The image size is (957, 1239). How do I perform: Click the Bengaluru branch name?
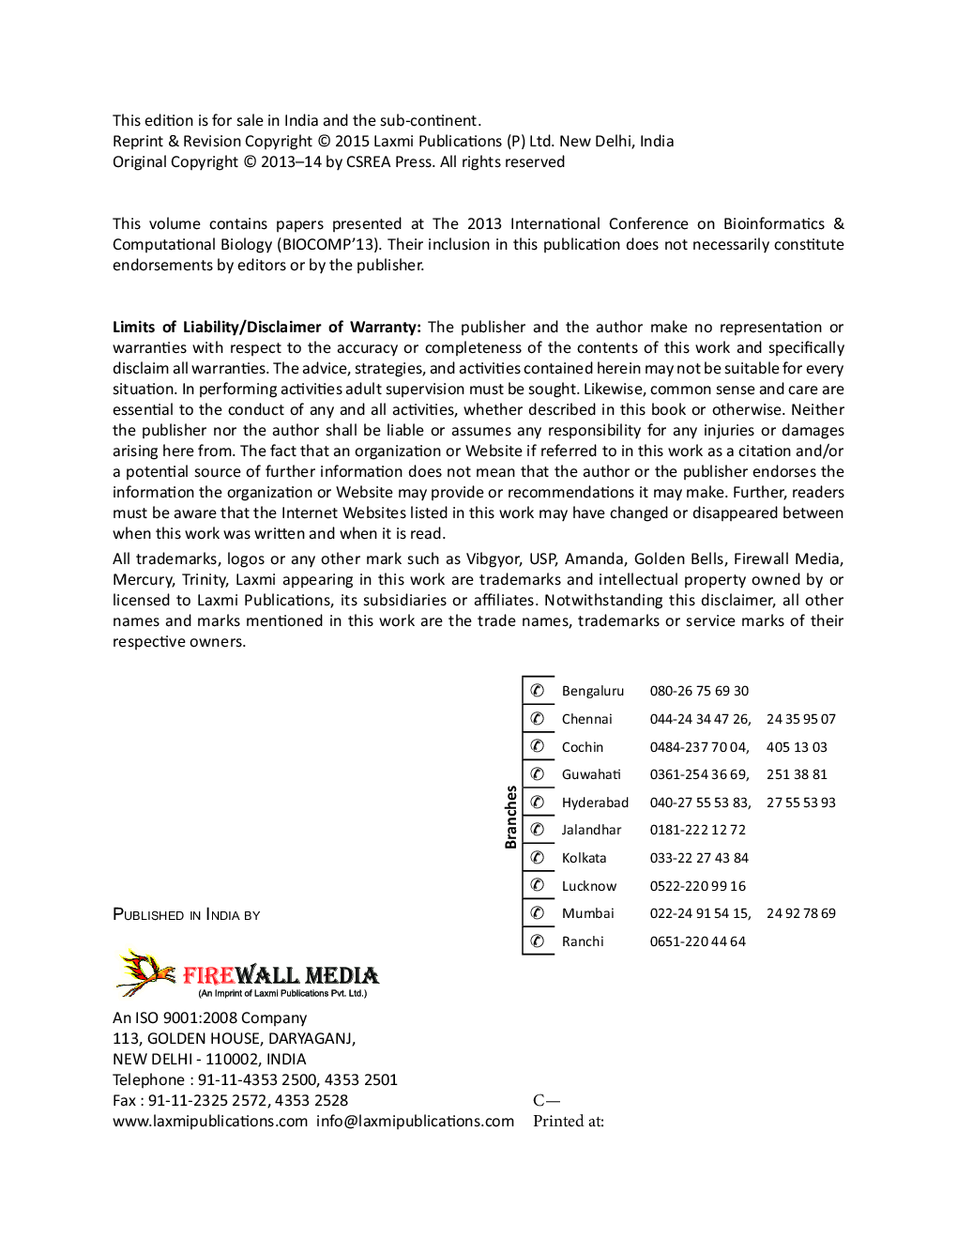(592, 691)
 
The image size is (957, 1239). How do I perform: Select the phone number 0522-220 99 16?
(697, 886)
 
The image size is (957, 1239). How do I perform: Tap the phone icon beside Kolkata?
(538, 857)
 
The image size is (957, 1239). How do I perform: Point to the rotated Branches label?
(511, 817)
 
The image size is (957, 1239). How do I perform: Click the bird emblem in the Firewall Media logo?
(145, 972)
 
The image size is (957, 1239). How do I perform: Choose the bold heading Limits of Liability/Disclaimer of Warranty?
(266, 328)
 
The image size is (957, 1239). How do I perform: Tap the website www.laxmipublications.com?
(210, 1122)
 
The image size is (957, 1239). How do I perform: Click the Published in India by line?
(186, 915)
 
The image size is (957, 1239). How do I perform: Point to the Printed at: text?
(568, 1122)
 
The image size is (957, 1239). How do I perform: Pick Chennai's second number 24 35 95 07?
(800, 719)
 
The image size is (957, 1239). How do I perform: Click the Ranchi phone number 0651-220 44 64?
(697, 941)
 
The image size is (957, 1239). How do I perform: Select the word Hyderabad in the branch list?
(595, 803)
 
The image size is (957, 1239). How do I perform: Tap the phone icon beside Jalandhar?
(538, 830)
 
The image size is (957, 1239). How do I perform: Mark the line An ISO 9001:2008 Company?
(209, 1018)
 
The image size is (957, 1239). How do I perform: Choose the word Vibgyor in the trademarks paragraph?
(493, 559)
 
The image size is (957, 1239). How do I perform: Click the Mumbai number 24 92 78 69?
(800, 913)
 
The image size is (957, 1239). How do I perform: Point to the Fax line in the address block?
(230, 1101)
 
